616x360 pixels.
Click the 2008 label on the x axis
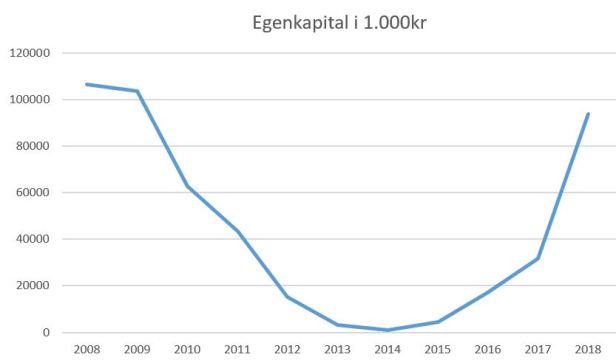click(87, 349)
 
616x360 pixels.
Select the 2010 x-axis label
click(187, 349)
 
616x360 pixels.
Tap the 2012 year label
click(287, 349)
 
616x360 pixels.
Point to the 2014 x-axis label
click(387, 349)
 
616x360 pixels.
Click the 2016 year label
click(487, 349)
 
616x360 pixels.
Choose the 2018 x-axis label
click(587, 349)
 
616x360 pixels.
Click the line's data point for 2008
click(87, 84)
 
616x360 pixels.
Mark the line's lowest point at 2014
click(387, 330)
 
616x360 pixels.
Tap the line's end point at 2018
click(588, 114)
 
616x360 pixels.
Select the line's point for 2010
click(187, 186)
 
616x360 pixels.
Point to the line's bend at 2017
click(538, 258)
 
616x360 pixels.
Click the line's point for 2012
click(287, 297)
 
